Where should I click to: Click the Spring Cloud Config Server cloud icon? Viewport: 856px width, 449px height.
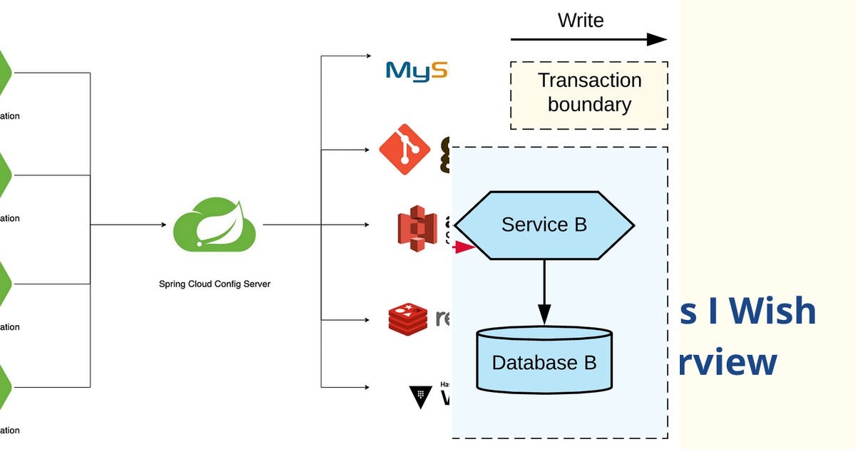[x=214, y=226]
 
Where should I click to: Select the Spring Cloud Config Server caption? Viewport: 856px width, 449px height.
[x=214, y=284]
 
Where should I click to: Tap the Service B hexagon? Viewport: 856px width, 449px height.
[x=544, y=225]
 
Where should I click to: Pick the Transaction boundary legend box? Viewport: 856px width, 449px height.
[x=589, y=95]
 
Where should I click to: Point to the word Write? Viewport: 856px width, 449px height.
[x=581, y=20]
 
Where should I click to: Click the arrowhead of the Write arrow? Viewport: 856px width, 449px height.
[x=658, y=39]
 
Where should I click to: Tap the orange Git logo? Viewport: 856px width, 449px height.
[x=404, y=150]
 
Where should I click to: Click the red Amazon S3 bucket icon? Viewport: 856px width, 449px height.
[x=417, y=226]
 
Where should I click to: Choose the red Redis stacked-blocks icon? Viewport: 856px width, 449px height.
[x=407, y=319]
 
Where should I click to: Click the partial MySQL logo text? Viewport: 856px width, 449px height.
[x=417, y=71]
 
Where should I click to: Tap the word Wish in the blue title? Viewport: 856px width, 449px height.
[x=778, y=311]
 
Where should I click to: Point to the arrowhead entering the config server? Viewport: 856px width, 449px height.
[x=162, y=225]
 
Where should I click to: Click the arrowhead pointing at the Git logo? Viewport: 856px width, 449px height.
[x=367, y=150]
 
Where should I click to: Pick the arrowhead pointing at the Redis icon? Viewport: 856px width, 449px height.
[x=367, y=319]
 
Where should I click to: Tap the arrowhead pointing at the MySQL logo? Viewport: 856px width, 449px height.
[x=367, y=56]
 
